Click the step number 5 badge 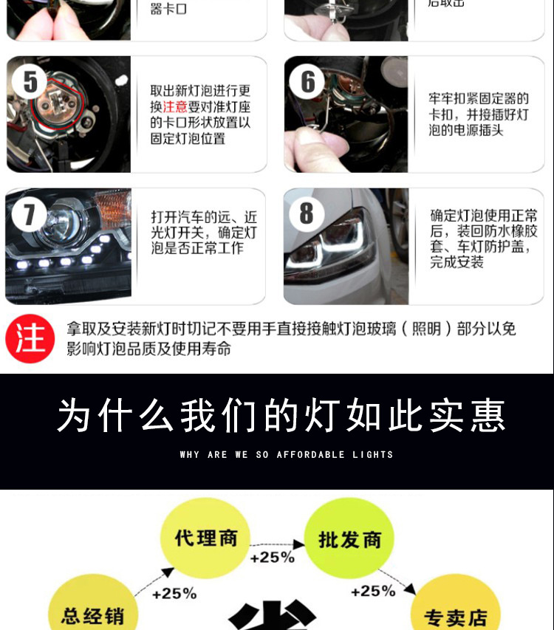[x=30, y=82]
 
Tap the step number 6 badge [x=307, y=81]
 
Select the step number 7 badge [x=30, y=214]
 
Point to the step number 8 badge [x=307, y=213]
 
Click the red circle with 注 [x=30, y=338]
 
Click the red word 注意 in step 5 [x=175, y=107]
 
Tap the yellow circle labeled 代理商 [x=206, y=538]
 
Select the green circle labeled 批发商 [x=349, y=540]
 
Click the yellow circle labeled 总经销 [x=92, y=613]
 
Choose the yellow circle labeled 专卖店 [x=455, y=614]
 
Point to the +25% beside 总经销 [x=174, y=593]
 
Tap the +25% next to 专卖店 [x=373, y=591]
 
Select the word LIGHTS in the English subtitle [x=373, y=455]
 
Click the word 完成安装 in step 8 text [x=457, y=262]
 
